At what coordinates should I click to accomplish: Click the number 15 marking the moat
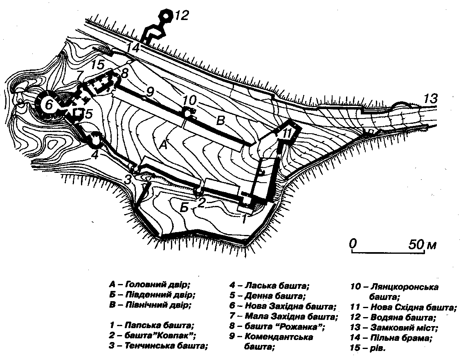coord(99,65)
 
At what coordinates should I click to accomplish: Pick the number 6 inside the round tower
coord(48,105)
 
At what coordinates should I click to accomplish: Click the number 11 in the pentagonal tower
coord(288,133)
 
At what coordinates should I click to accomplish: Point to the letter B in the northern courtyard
coord(220,121)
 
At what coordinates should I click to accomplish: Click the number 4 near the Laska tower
coord(94,155)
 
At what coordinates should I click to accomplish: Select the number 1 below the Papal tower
coord(244,219)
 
